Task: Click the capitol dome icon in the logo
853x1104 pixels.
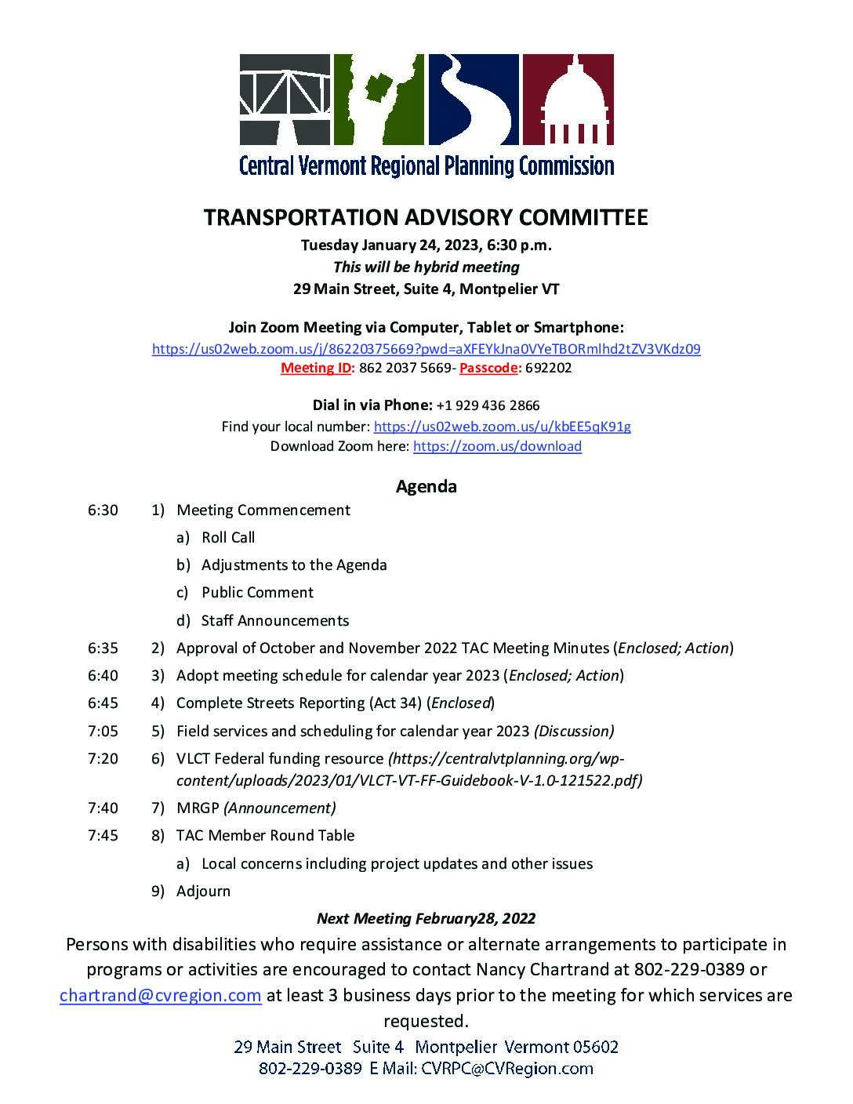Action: [568, 100]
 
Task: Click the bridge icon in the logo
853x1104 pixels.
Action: [284, 100]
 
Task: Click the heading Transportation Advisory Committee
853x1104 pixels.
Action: [426, 217]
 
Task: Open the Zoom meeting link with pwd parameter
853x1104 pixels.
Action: [426, 349]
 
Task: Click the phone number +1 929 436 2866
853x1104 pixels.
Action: [488, 405]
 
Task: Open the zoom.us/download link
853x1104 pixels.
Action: [497, 446]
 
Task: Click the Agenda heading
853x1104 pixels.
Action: [426, 486]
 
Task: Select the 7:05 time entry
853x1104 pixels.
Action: [103, 731]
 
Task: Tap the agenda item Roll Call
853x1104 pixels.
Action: [227, 537]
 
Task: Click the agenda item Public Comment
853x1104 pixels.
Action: [257, 592]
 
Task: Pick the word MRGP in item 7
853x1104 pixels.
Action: [198, 808]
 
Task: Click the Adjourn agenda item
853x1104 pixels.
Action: [203, 891]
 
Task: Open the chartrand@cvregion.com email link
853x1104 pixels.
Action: [160, 995]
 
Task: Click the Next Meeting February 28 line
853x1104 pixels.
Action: [426, 918]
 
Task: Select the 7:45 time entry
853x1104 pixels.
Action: [103, 835]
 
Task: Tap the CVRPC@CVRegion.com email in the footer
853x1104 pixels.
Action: [506, 1068]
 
